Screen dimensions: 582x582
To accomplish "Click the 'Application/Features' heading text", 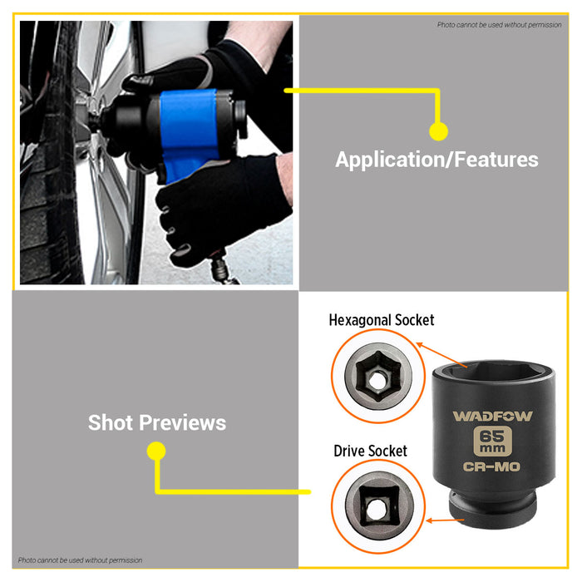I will [436, 160].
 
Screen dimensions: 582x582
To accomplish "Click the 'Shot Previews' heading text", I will [157, 422].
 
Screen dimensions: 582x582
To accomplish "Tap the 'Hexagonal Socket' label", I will [381, 320].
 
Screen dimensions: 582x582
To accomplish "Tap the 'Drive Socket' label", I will [370, 451].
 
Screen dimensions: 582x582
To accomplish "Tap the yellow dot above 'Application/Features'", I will [438, 131].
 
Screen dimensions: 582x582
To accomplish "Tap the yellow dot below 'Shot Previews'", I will [155, 451].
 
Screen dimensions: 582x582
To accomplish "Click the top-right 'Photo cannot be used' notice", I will [500, 25].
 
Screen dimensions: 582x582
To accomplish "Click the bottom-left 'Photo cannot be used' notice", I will [81, 560].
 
